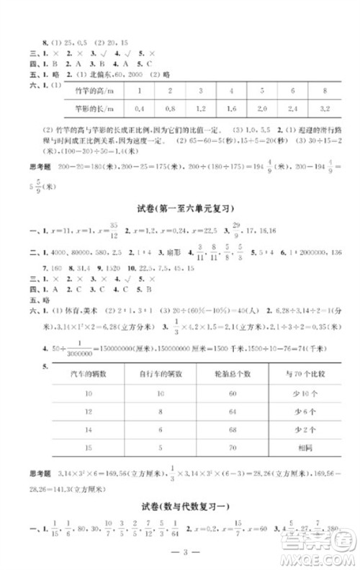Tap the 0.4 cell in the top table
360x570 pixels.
[x=140, y=109]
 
